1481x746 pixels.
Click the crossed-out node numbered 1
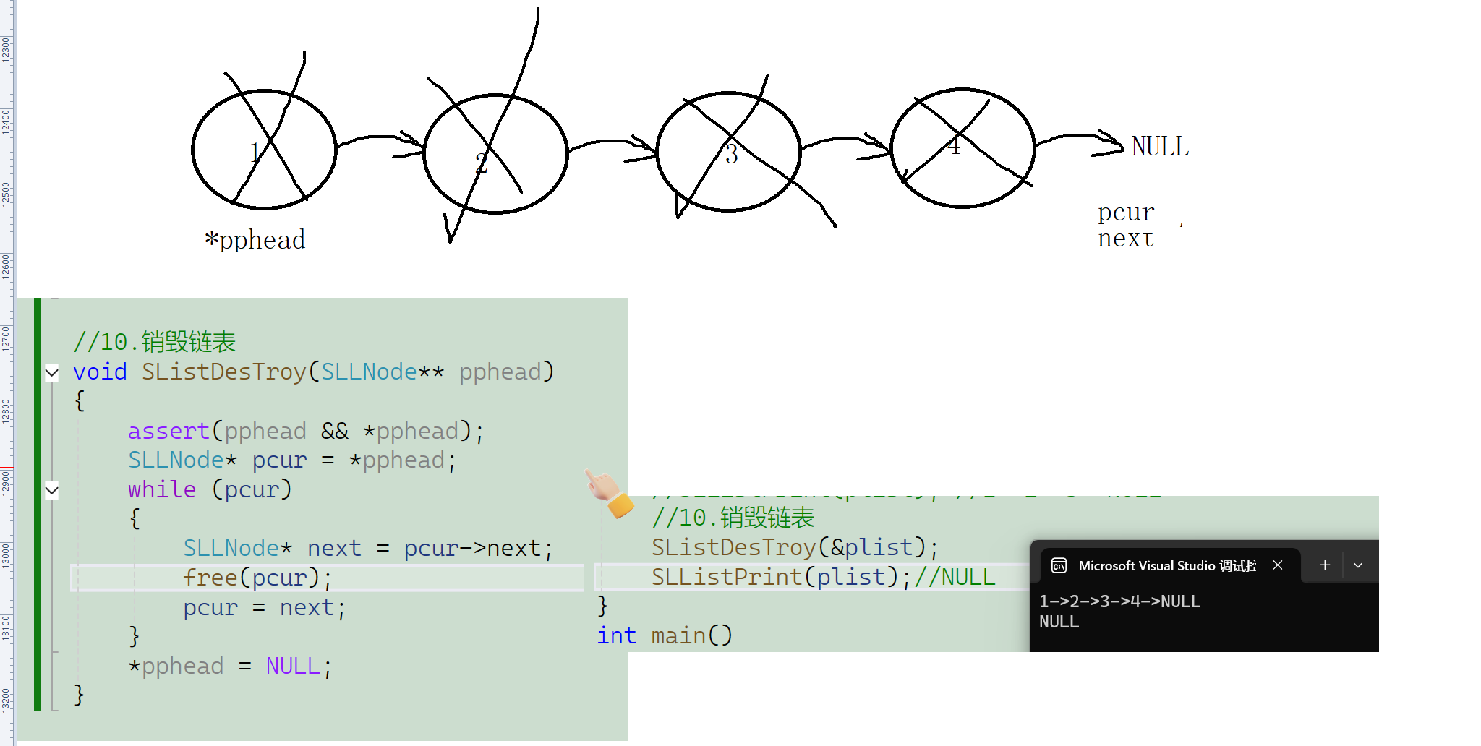pyautogui.click(x=264, y=150)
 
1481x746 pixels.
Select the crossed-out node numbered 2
pyautogui.click(x=495, y=154)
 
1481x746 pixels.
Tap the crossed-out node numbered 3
pyautogui.click(x=728, y=152)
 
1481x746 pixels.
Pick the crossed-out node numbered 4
pyautogui.click(x=963, y=148)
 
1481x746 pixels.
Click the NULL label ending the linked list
pyautogui.click(x=1159, y=147)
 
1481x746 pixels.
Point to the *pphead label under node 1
pyautogui.click(x=255, y=240)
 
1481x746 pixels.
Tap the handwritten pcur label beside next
pyautogui.click(x=1126, y=213)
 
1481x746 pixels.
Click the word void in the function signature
pyautogui.click(x=100, y=372)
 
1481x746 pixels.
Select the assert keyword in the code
pyautogui.click(x=168, y=432)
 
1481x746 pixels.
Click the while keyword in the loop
pyautogui.click(x=161, y=490)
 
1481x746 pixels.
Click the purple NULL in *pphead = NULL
pyautogui.click(x=292, y=666)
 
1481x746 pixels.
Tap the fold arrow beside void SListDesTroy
pyautogui.click(x=52, y=373)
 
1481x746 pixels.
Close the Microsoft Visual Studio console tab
pyautogui.click(x=1278, y=565)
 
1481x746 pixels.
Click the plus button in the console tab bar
pyautogui.click(x=1325, y=565)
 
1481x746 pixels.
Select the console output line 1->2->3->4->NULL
pyautogui.click(x=1119, y=601)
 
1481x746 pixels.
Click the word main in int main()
pyautogui.click(x=678, y=636)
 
